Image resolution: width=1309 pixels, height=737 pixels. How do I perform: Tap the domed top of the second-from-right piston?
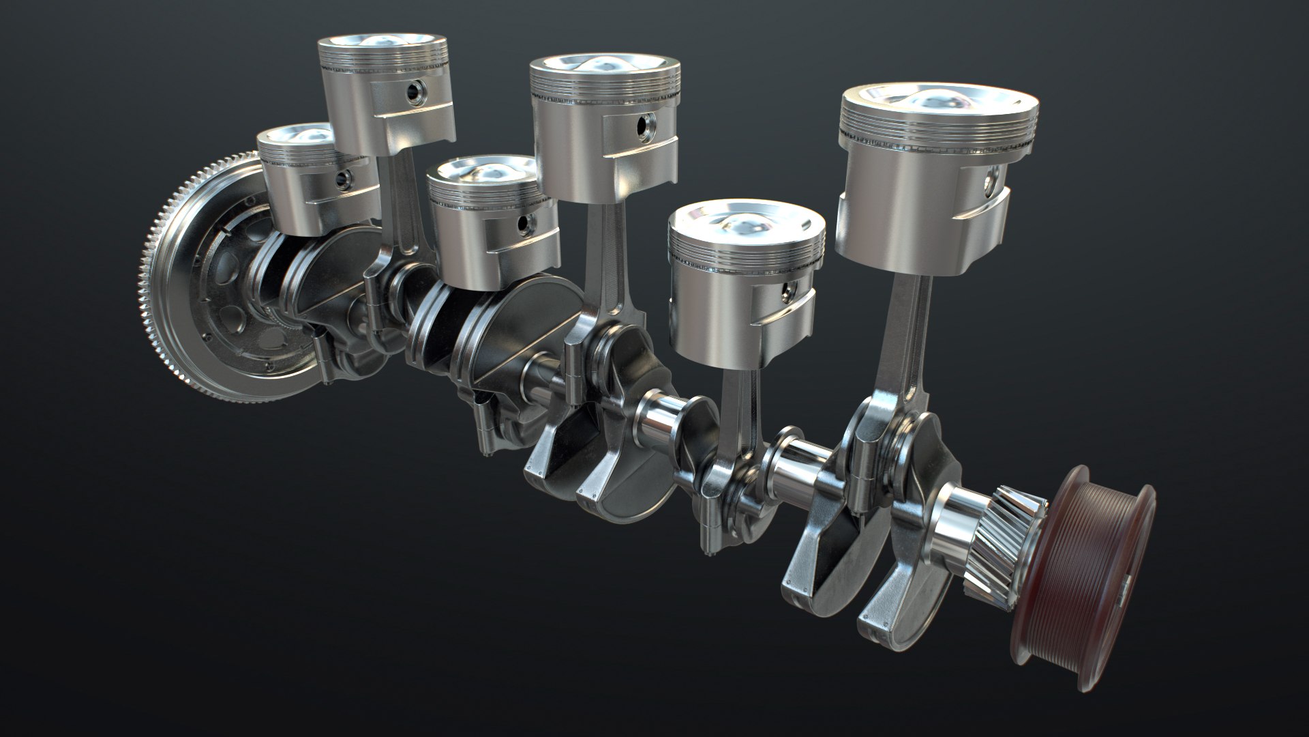click(x=747, y=222)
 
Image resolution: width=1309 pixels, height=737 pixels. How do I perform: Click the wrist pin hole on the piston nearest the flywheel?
click(x=340, y=180)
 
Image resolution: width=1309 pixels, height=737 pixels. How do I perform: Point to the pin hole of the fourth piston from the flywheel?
click(x=644, y=125)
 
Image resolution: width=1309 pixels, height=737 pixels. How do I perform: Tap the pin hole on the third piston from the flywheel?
click(x=523, y=223)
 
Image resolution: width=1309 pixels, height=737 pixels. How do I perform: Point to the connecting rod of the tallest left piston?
click(x=402, y=205)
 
